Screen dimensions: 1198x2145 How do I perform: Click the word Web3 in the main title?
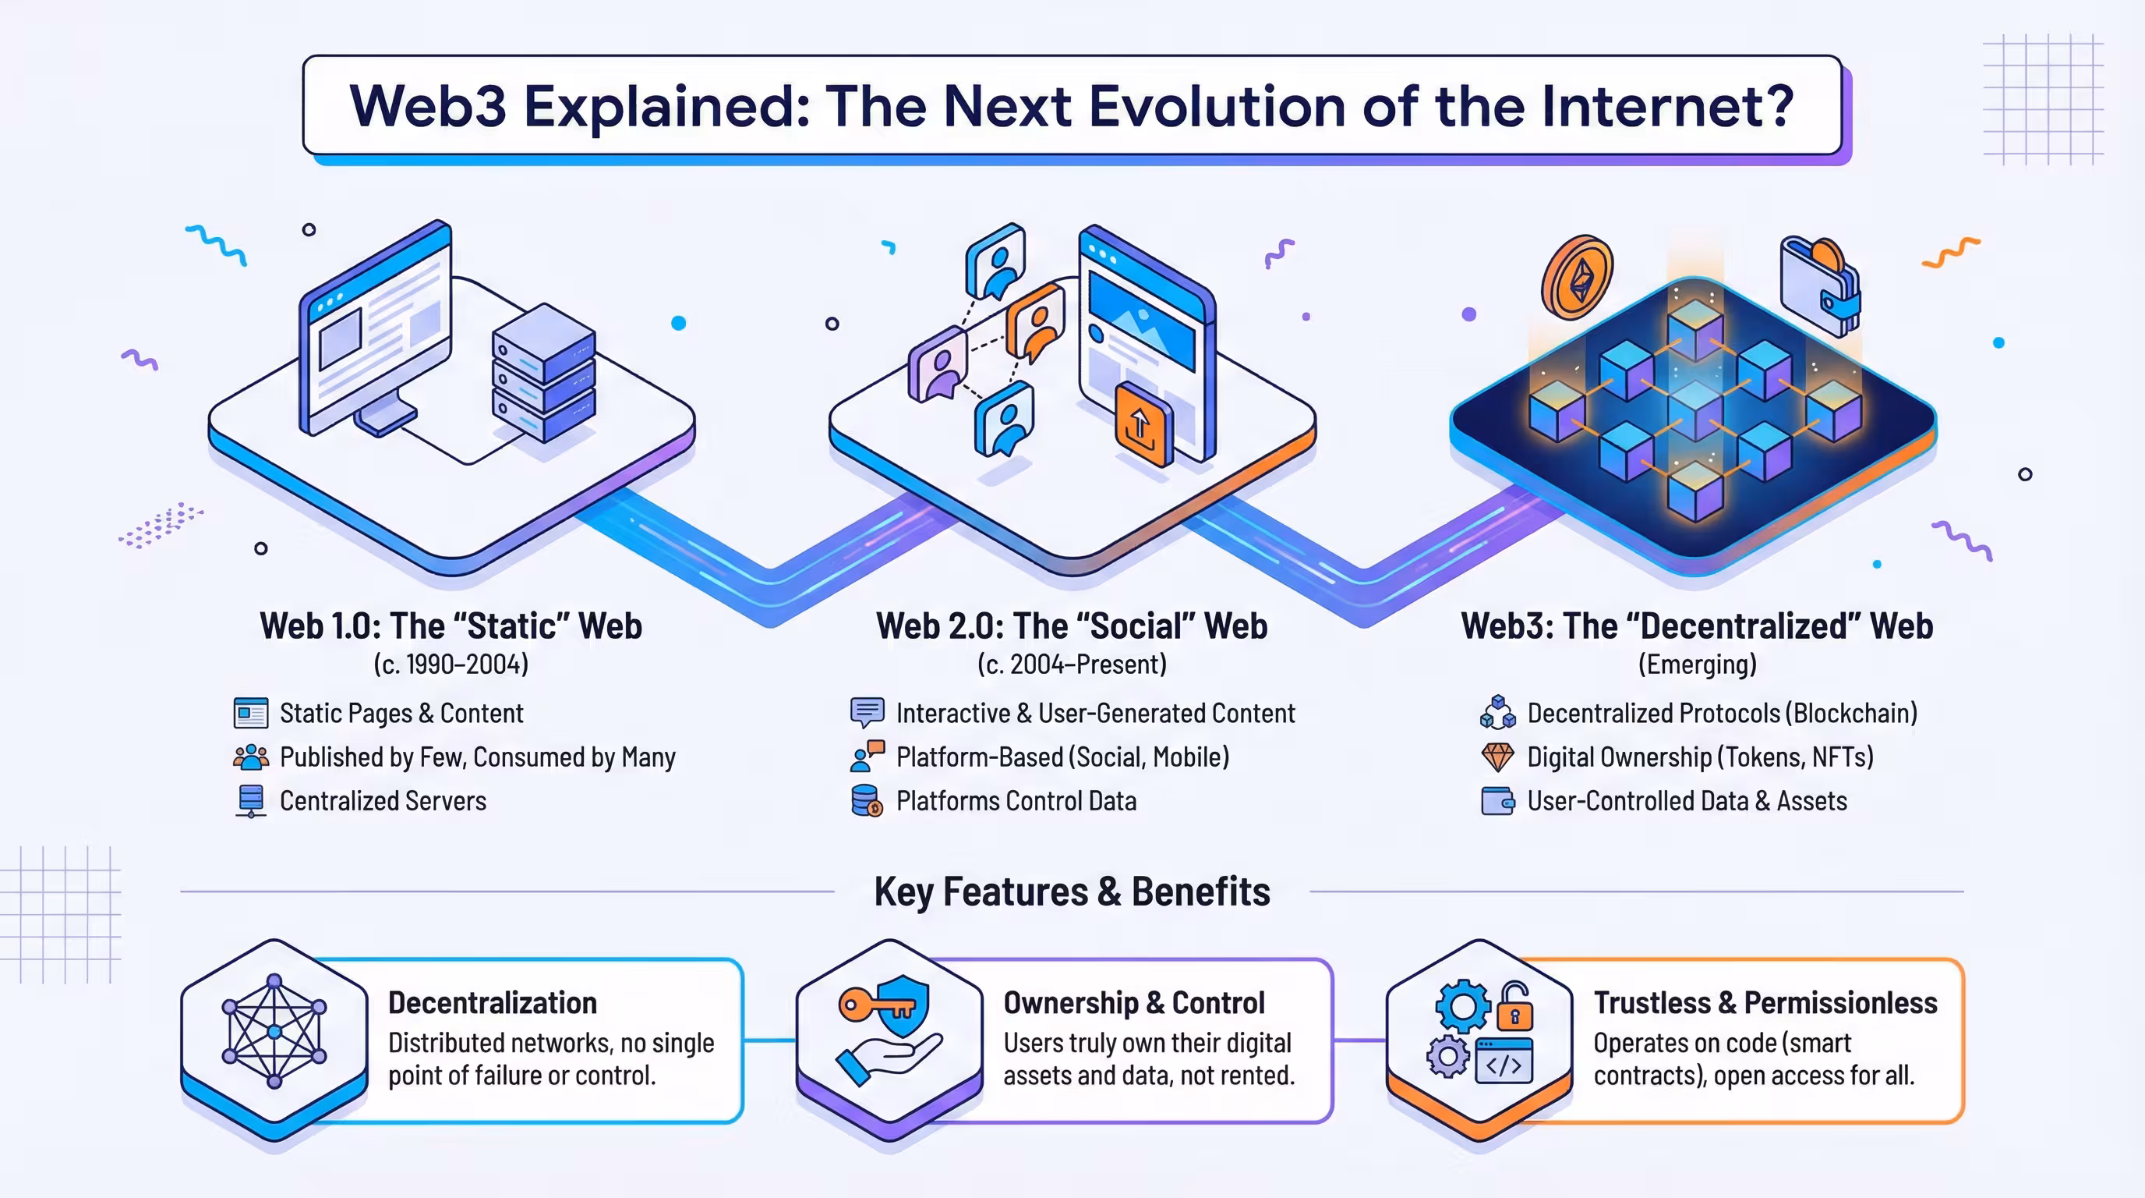tap(427, 106)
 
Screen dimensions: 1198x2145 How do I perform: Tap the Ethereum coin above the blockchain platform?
tap(1577, 278)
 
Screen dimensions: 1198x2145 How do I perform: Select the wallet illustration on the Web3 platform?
tap(1819, 285)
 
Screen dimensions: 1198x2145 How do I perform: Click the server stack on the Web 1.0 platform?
tap(543, 372)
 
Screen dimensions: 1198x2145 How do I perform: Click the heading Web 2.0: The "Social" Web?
tap(1072, 626)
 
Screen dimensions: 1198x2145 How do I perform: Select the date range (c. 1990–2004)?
tap(451, 664)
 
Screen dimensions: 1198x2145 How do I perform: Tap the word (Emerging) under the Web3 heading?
tap(1697, 664)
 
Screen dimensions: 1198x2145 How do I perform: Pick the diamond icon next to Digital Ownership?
tap(1497, 757)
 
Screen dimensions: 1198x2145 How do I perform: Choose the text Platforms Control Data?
tap(1016, 800)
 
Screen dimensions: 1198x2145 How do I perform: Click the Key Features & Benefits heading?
tap(1072, 891)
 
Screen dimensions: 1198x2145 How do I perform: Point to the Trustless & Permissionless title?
tap(1765, 1003)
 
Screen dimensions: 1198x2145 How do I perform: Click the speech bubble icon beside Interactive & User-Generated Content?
tap(867, 712)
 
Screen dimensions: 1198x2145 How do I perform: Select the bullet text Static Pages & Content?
tap(401, 713)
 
